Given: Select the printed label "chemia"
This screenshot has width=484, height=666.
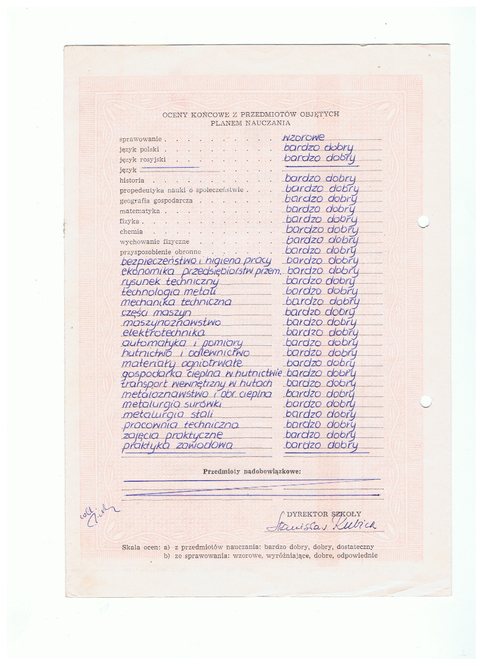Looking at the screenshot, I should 131,232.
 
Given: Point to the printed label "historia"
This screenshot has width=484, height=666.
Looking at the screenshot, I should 132,180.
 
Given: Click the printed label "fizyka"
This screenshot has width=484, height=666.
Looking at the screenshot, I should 130,221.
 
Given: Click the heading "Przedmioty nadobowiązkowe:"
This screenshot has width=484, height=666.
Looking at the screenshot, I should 252,471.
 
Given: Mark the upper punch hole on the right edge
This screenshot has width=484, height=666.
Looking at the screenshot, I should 423,222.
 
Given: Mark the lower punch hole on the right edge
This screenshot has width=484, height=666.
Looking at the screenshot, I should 425,401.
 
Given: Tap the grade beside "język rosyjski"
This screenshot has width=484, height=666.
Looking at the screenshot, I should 319,159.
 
